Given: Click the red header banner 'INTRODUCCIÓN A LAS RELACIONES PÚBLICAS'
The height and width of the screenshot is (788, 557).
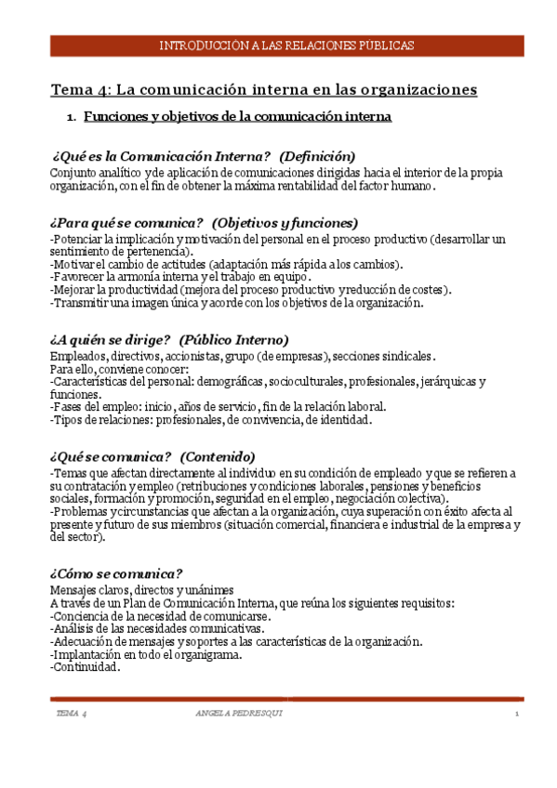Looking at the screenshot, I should coord(286,46).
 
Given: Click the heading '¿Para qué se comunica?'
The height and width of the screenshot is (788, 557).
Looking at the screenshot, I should coord(127,223).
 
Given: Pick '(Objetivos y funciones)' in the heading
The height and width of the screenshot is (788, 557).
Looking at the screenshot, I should coord(285,223).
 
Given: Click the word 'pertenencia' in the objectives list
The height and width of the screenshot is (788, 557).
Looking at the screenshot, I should coord(156,251).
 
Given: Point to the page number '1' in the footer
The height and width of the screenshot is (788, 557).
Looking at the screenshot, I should coord(515,713).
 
